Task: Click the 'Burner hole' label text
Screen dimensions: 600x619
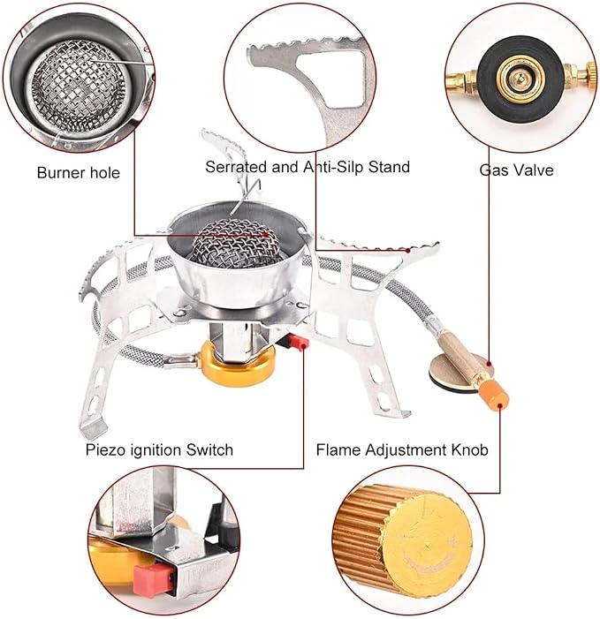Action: pos(79,173)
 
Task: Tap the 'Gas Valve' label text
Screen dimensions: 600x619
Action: pos(516,170)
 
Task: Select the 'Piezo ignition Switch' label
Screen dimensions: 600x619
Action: pos(159,450)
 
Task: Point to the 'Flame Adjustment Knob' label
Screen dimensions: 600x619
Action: pos(402,449)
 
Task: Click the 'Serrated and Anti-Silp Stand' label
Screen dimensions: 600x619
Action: pos(308,167)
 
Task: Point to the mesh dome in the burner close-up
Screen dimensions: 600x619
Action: pos(79,82)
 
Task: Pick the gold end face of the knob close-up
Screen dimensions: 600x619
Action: pos(428,545)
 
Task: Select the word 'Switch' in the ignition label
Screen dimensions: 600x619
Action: pos(209,449)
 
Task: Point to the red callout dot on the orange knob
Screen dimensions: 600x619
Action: pos(500,405)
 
